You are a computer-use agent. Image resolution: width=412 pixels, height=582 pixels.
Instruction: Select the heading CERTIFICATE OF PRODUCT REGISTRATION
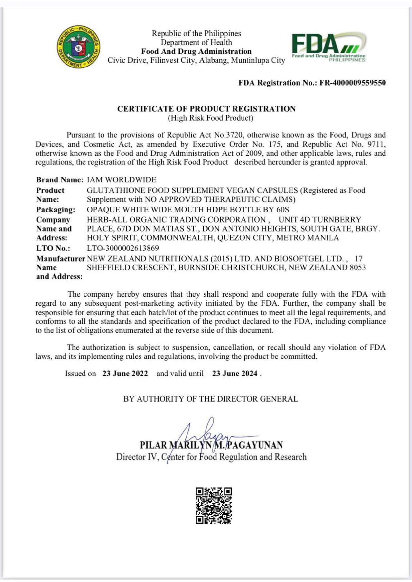(206, 109)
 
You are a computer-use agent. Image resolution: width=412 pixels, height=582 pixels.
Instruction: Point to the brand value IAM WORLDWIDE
(122, 180)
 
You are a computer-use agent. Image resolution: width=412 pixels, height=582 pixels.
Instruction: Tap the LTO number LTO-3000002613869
(123, 248)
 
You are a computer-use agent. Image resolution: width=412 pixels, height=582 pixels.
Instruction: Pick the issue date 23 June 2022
(125, 374)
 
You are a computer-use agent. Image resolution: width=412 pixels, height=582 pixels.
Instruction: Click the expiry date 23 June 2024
(235, 374)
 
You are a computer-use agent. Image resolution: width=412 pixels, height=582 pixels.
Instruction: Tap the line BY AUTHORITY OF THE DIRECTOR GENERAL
(211, 399)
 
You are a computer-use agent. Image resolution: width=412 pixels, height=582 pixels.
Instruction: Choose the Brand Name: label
(60, 180)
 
